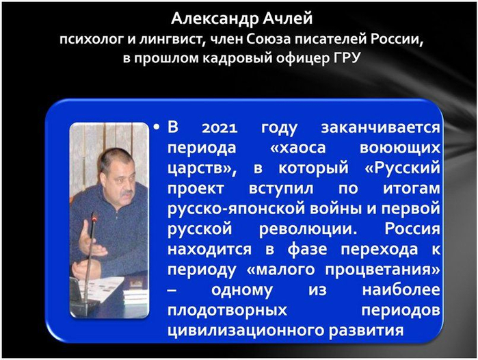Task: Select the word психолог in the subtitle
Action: (x=92, y=40)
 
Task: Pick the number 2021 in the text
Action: (x=220, y=127)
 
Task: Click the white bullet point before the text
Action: (x=157, y=127)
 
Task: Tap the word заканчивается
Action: (x=381, y=127)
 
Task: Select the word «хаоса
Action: (x=298, y=148)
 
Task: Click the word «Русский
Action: (x=402, y=168)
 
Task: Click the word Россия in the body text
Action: (x=412, y=229)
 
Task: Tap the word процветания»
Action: (x=382, y=270)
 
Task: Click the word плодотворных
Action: (x=227, y=311)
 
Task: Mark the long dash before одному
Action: (x=172, y=290)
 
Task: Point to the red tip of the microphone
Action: (x=94, y=218)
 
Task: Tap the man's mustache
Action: (x=126, y=194)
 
